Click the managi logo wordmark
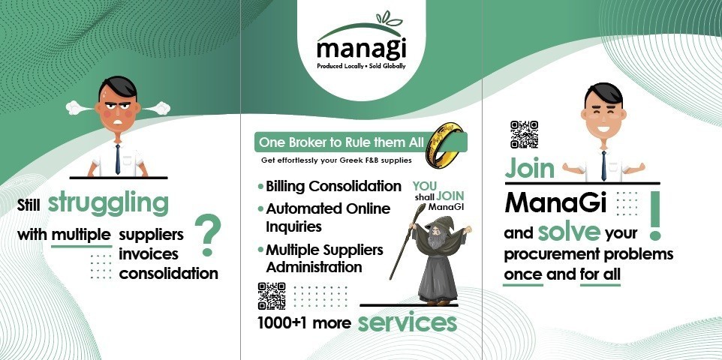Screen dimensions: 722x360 pos(362,49)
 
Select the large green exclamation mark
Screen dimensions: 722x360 pos(654,215)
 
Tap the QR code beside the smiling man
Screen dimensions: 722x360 pos(524,134)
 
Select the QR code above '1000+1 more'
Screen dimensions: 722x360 pos(272,296)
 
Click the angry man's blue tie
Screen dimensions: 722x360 pos(118,159)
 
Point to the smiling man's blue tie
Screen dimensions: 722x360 pos(603,166)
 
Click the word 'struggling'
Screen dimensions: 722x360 pos(108,202)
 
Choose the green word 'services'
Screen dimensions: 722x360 pos(408,322)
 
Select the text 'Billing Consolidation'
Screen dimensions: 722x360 pos(333,187)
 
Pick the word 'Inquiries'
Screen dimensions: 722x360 pos(293,226)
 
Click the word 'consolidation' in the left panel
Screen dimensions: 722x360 pos(169,274)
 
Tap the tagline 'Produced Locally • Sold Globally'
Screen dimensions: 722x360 pos(362,66)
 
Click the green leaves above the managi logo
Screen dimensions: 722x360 pos(389,19)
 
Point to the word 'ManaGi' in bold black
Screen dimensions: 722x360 pos(556,202)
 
